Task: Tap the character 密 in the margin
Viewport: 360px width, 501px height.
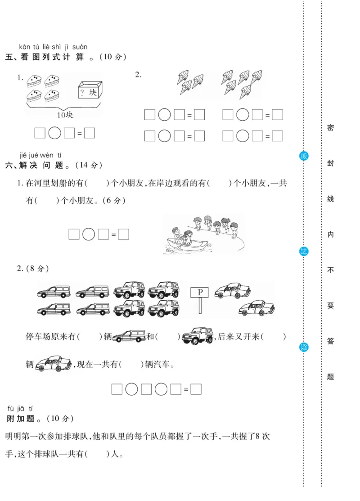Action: pyautogui.click(x=330, y=128)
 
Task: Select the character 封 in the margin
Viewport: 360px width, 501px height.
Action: pyautogui.click(x=330, y=164)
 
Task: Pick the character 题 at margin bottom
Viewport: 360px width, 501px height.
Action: pyautogui.click(x=330, y=376)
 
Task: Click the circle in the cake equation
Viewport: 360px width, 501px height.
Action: pyautogui.click(x=54, y=133)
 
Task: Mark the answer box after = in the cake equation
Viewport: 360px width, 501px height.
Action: pyautogui.click(x=90, y=133)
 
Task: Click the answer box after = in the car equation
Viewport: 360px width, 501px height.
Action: pyautogui.click(x=196, y=389)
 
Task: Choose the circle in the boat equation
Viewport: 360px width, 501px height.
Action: pyautogui.click(x=89, y=234)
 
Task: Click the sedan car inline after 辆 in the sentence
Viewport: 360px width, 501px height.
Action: pyautogui.click(x=53, y=363)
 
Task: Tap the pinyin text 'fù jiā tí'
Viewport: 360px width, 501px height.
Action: pyautogui.click(x=20, y=408)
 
